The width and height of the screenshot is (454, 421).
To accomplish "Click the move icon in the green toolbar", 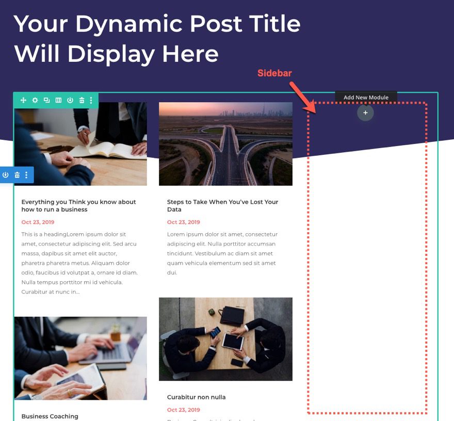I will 23,100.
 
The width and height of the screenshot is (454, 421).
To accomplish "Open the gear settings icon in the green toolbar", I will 35,100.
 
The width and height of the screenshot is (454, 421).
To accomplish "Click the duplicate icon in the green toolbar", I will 46,100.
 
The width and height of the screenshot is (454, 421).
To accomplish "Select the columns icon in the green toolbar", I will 58,100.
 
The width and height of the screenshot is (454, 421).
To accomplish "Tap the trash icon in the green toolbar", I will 82,100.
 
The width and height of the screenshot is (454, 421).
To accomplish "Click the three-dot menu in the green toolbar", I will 91,100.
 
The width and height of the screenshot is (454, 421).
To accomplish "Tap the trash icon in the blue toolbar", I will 17,175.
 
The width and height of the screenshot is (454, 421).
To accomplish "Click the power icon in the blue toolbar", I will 6,175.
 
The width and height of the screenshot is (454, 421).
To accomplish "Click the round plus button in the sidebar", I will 365,112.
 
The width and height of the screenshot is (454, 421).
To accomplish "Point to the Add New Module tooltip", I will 366,97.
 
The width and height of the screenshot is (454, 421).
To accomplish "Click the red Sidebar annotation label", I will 274,73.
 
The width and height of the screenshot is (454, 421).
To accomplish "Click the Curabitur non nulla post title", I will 196,397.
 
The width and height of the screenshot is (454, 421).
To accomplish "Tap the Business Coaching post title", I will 50,416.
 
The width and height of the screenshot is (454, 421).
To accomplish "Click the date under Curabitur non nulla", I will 183,410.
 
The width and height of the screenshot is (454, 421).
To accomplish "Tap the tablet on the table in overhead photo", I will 232,341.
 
